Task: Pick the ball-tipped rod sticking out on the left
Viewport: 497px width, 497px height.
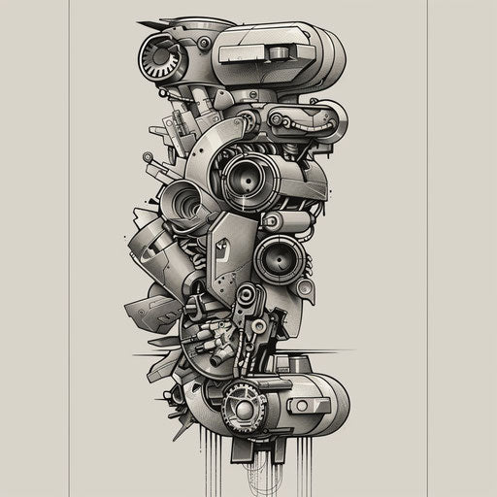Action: (149, 156)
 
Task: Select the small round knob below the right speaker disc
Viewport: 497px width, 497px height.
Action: (305, 288)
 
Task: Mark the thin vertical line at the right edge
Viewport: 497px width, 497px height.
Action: (427, 248)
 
